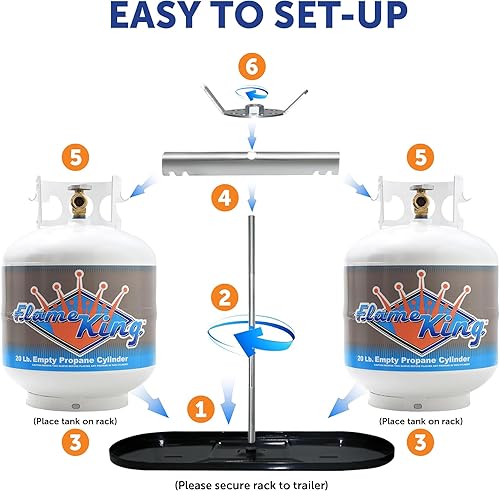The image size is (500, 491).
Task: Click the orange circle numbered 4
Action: point(229,201)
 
